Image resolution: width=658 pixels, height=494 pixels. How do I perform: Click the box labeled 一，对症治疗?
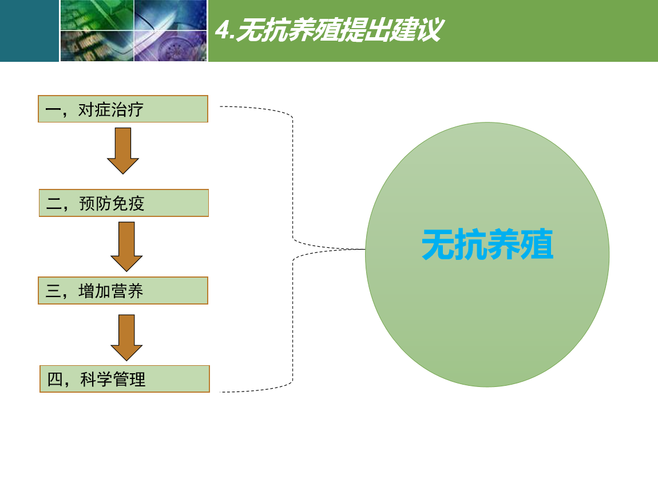click(x=123, y=109)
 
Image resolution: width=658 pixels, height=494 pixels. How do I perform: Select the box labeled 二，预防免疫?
click(x=124, y=203)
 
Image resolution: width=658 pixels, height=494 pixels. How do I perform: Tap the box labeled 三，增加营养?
click(x=123, y=290)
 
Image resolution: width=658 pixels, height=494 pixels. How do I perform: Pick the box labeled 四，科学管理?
click(x=125, y=379)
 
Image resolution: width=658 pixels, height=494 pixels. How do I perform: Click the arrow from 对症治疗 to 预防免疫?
click(x=123, y=151)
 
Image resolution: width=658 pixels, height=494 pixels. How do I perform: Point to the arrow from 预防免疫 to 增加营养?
click(x=126, y=247)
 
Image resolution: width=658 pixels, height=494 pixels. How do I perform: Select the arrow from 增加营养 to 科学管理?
click(x=126, y=338)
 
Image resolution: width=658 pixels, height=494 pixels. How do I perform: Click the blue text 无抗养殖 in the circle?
click(x=487, y=244)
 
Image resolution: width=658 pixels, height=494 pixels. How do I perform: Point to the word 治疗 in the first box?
click(x=127, y=110)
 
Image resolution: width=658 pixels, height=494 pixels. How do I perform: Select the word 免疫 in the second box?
click(x=128, y=204)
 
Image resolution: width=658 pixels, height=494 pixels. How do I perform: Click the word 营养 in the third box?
click(x=127, y=291)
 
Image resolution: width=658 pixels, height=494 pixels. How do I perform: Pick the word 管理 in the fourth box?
click(x=129, y=380)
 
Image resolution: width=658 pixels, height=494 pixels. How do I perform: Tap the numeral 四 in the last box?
click(x=55, y=380)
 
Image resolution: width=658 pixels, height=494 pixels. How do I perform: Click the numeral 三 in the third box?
click(x=53, y=291)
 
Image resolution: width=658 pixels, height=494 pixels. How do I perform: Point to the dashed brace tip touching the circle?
click(x=364, y=250)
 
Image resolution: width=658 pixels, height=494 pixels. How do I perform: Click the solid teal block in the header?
click(x=29, y=31)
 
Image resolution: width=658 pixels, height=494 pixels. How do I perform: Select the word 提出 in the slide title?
click(x=364, y=30)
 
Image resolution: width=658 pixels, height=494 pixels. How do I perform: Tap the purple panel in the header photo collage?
click(x=171, y=46)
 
